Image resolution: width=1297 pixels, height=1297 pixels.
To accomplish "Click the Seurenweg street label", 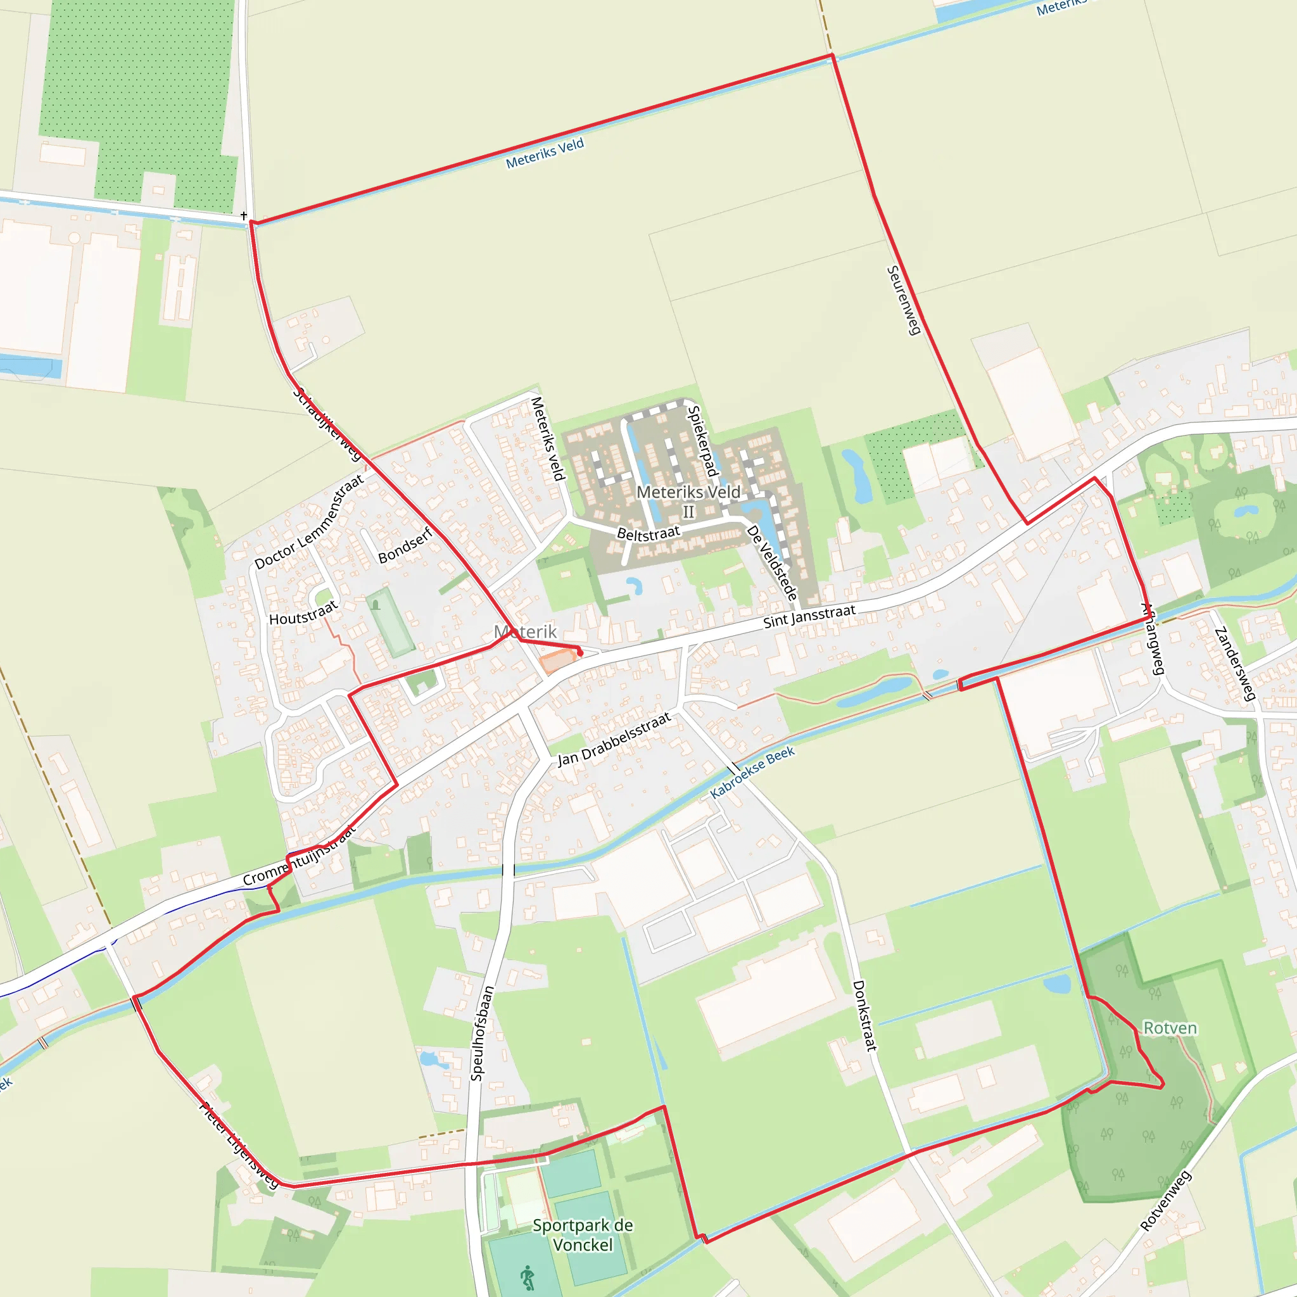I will (903, 300).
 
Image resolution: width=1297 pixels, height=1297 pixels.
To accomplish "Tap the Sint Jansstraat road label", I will (809, 616).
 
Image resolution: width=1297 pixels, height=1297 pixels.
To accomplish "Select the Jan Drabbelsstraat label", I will (614, 739).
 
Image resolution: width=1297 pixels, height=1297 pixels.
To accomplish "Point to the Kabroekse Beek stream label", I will (752, 772).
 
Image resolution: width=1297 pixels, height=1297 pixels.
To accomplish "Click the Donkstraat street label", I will (864, 1016).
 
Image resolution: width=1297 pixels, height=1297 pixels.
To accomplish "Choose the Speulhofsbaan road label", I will (482, 1033).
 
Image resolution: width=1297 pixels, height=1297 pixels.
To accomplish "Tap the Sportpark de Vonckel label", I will (583, 1234).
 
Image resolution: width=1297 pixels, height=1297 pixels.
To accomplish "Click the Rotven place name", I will (1170, 1028).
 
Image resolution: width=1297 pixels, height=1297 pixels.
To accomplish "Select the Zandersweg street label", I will (1234, 664).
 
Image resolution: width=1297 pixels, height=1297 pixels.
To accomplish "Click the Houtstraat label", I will (303, 614).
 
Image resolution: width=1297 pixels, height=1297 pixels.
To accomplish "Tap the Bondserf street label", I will (405, 546).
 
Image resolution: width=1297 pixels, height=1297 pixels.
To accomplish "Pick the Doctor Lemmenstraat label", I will (309, 522).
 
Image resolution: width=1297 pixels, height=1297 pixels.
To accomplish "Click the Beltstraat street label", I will (648, 534).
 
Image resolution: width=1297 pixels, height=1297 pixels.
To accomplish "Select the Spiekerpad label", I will (702, 441).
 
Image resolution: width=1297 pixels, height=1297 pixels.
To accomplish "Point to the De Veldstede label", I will (772, 562).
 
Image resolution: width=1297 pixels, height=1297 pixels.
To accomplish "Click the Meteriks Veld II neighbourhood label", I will (688, 502).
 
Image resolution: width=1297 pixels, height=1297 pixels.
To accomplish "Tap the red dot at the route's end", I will (580, 652).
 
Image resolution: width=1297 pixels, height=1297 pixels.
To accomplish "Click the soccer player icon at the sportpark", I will (528, 1276).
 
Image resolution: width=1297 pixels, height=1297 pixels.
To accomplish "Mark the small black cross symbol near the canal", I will (244, 215).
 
